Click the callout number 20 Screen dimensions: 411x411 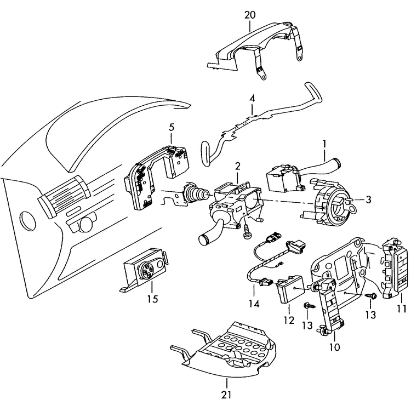pos(250,15)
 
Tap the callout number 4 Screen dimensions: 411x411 pos(252,99)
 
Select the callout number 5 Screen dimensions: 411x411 pos(172,127)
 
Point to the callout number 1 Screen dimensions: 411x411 pos(324,144)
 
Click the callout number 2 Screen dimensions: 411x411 pos(238,166)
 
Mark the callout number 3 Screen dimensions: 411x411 pos(368,200)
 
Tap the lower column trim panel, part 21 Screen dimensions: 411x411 pos(230,351)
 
